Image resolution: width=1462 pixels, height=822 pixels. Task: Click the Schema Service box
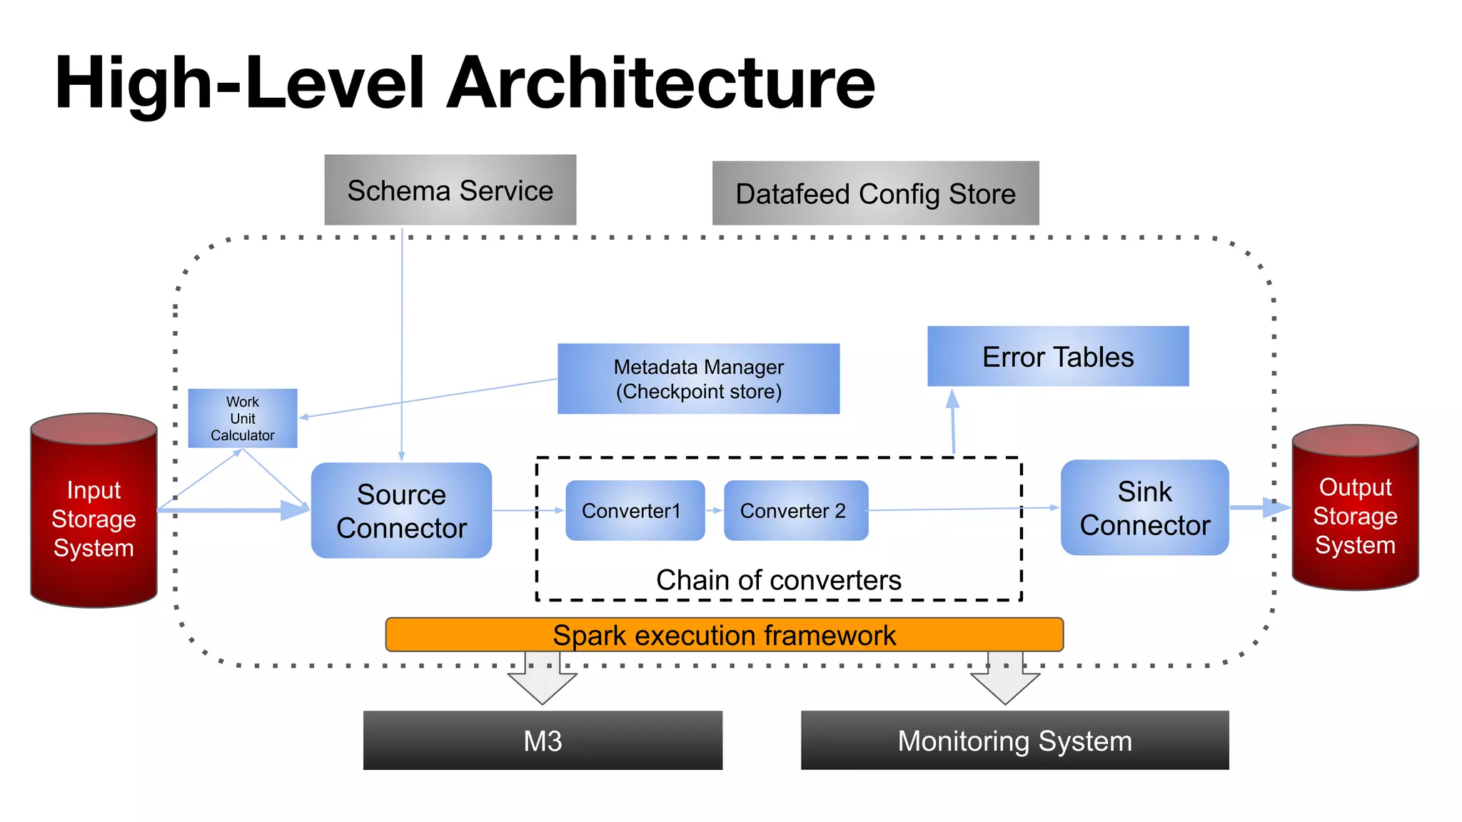450,190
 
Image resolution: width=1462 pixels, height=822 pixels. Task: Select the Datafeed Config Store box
875,193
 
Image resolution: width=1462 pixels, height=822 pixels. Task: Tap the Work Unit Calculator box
242,418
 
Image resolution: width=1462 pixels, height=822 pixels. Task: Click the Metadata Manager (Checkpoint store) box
698,379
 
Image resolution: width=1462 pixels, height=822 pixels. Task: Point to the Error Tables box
1057,356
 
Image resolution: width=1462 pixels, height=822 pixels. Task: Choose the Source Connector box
401,510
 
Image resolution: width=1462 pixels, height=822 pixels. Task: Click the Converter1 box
635,510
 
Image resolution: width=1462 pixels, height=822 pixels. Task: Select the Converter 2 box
795,510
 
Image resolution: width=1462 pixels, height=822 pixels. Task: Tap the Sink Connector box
1144,507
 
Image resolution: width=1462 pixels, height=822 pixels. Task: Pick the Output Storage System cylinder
1354,515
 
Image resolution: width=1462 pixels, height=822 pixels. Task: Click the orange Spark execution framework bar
724,634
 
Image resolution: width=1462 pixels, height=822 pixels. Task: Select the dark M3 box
543,740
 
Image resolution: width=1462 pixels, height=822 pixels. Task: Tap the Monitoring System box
1014,740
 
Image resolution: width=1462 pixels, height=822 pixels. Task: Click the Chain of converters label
778,579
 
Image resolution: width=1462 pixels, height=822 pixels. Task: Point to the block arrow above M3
543,678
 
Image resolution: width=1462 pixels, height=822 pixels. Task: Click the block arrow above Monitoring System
1005,678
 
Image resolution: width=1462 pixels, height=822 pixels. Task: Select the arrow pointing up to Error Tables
953,421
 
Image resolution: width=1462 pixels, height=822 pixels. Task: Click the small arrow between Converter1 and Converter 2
715,510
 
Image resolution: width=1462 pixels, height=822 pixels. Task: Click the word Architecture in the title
660,83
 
